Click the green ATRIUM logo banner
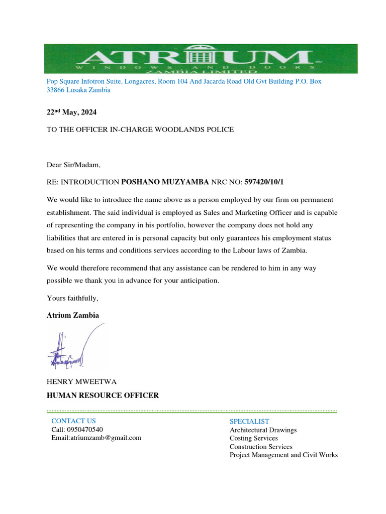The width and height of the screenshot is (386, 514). click(x=201, y=59)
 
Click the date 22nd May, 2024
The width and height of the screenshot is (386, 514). click(x=71, y=112)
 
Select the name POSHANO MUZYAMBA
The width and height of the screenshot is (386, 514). click(x=165, y=181)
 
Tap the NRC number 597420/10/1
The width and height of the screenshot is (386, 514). click(x=267, y=181)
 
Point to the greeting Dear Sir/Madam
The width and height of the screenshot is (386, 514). click(x=74, y=164)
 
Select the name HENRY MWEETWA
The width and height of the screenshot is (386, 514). click(x=81, y=382)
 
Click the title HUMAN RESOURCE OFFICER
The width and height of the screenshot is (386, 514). click(x=103, y=396)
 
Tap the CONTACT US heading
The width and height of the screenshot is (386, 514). click(x=73, y=421)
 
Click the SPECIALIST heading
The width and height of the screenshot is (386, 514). click(x=249, y=421)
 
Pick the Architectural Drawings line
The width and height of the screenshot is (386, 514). click(x=263, y=430)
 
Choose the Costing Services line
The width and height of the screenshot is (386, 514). click(x=253, y=438)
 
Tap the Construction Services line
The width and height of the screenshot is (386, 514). click(x=261, y=447)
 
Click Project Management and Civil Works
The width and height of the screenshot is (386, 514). click(x=283, y=455)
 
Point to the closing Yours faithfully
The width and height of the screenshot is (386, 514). click(x=72, y=299)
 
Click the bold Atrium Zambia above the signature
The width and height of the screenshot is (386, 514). click(x=73, y=315)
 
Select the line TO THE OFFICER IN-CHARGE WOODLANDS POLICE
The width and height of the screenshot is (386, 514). click(x=140, y=130)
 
